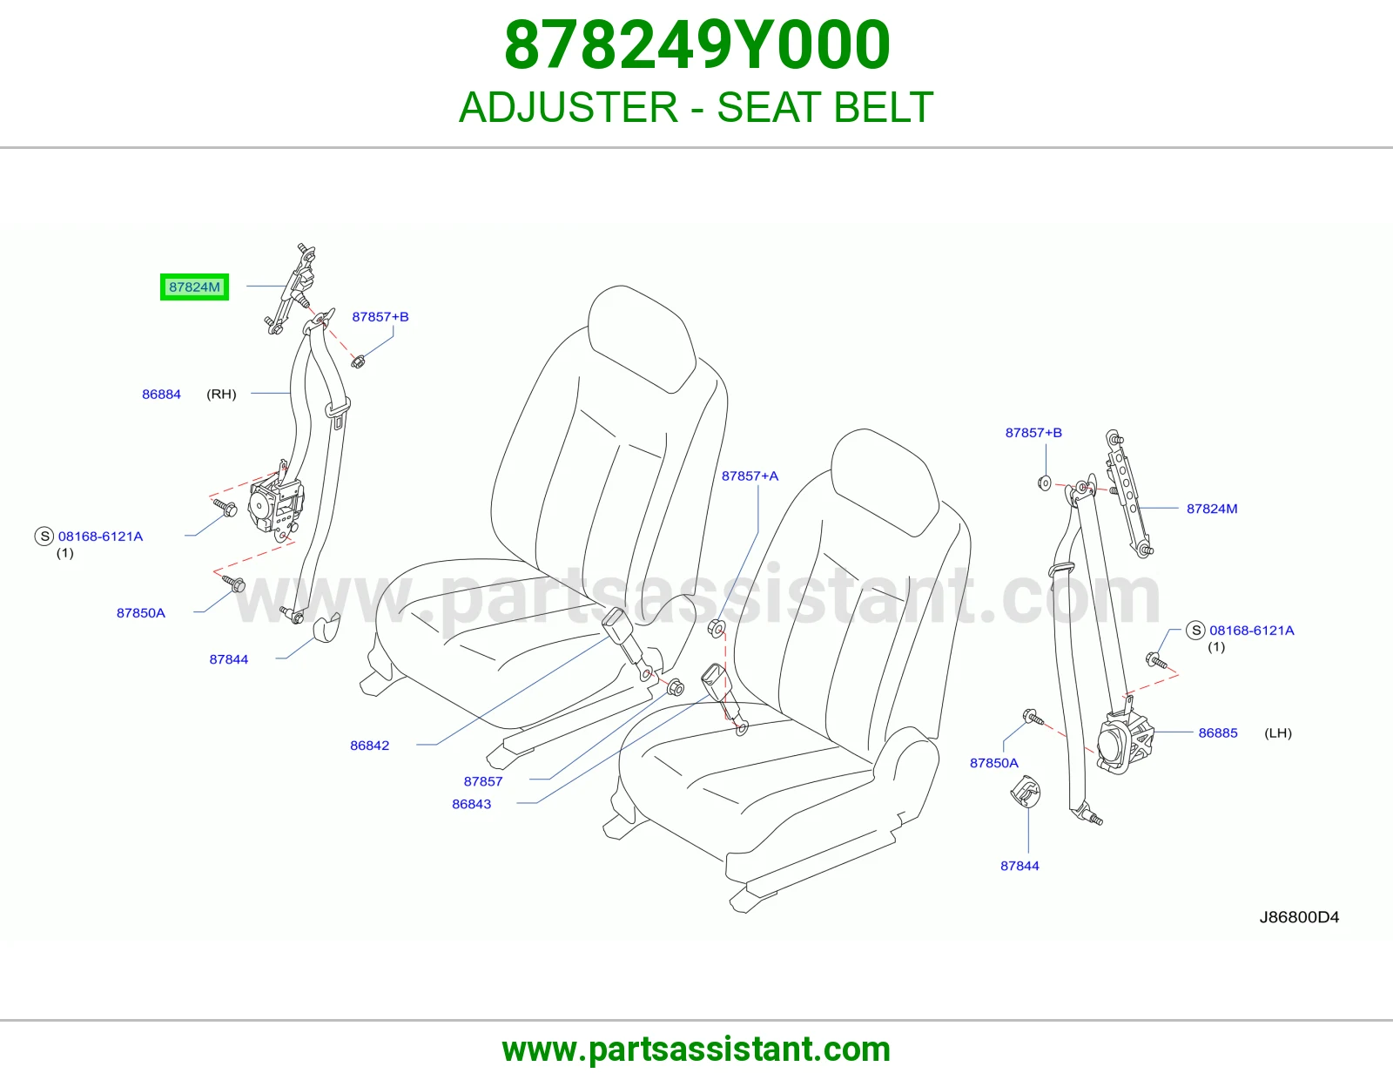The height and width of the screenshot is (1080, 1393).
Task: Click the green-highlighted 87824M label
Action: [194, 287]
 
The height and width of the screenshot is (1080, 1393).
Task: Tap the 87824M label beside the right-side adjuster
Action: [1212, 509]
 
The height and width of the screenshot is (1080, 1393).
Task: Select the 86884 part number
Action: [162, 394]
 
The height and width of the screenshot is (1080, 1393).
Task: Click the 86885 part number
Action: [1218, 732]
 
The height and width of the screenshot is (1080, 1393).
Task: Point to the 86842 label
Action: [369, 746]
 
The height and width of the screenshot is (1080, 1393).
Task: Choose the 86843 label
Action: [471, 804]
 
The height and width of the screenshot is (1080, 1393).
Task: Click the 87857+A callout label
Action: [750, 476]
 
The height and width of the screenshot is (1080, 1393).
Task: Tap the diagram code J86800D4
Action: [1299, 917]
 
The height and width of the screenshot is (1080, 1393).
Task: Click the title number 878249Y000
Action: [696, 45]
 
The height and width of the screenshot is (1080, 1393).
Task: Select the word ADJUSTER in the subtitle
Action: [569, 107]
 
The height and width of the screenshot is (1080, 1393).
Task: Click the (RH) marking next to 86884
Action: [221, 394]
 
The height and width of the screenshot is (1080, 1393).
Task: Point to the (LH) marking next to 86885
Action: [1277, 732]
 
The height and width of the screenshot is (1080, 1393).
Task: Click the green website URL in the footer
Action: [696, 1050]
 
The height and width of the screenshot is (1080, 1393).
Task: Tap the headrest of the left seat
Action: [641, 338]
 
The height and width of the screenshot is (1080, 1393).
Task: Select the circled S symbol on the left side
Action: [44, 537]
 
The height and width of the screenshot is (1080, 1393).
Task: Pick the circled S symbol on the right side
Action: [1195, 630]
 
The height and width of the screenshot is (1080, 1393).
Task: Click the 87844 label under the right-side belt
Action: [1020, 866]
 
